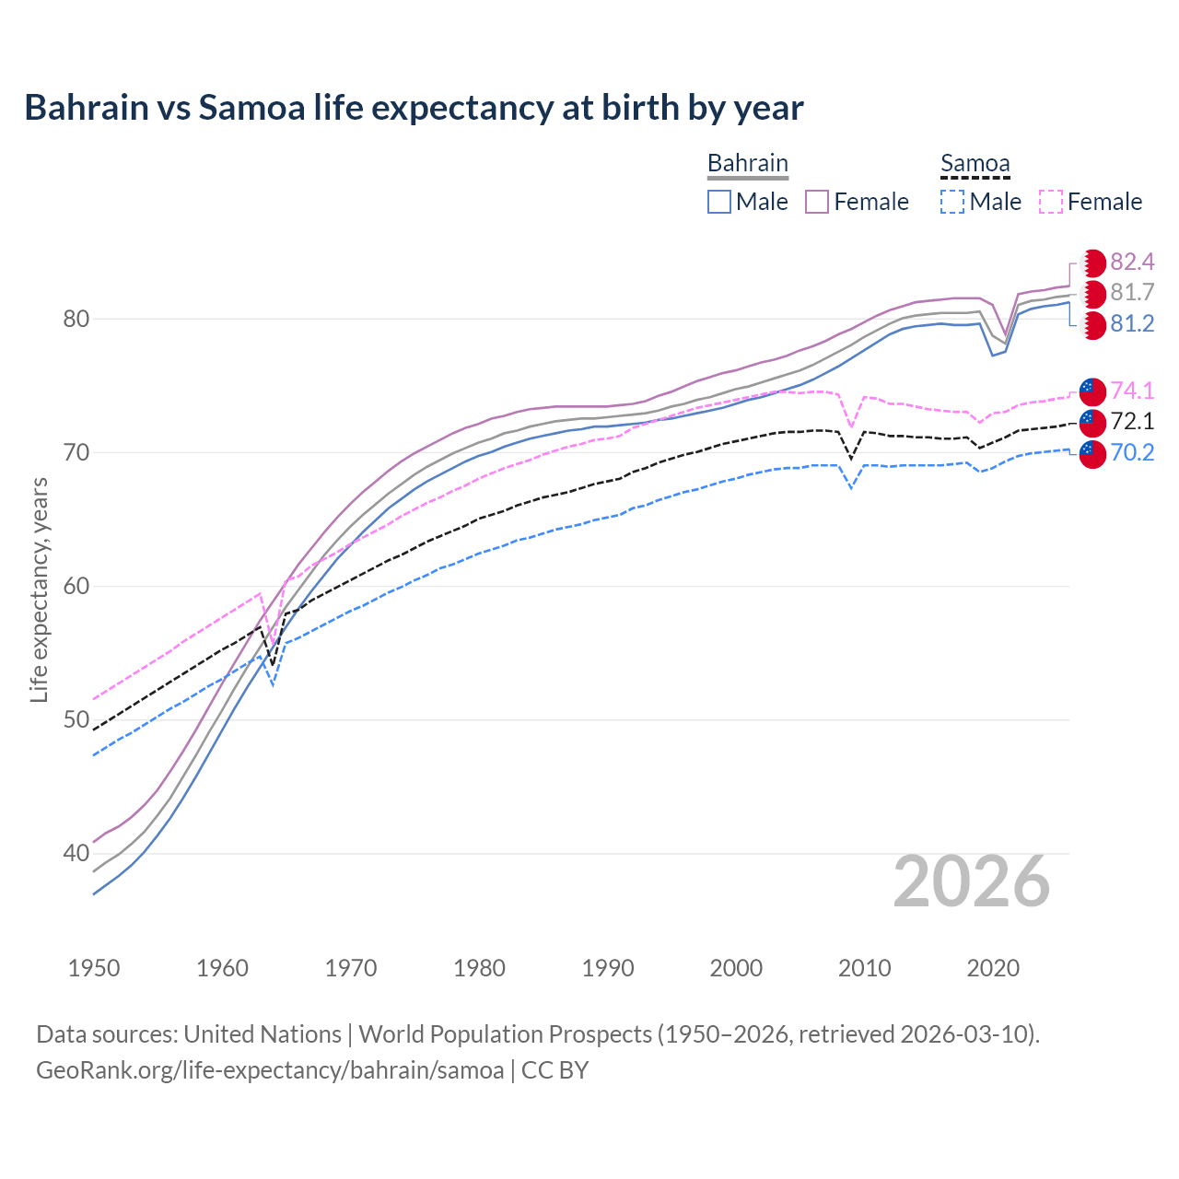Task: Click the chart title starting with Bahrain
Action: (414, 108)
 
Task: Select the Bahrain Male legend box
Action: (719, 202)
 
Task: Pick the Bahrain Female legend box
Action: (817, 202)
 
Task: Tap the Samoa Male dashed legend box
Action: (952, 202)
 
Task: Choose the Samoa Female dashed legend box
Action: (1050, 202)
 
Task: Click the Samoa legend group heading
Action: (975, 164)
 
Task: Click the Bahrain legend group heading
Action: (747, 164)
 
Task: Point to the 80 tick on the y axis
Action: (76, 320)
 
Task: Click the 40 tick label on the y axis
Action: (76, 854)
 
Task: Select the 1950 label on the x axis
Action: (94, 968)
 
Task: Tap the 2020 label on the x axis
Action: (993, 968)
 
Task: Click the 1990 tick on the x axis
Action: (608, 968)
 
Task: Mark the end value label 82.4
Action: (1132, 263)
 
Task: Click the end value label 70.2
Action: (1132, 453)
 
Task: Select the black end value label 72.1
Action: (1132, 422)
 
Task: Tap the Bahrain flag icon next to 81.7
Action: (1092, 294)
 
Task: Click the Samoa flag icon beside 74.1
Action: (1092, 391)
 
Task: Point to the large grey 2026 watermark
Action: (971, 881)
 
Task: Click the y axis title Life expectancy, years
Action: (39, 589)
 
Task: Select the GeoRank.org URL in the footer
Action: (270, 1070)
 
